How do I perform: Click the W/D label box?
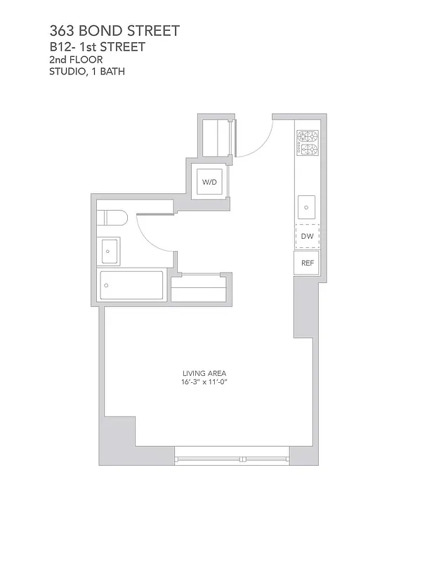pos(209,182)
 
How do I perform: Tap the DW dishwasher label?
pos(307,237)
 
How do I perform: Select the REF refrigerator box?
pos(307,263)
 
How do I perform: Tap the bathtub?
pos(131,285)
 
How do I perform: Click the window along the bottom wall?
pos(232,459)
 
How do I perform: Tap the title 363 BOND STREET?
pos(114,31)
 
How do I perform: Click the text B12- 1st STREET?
pos(98,47)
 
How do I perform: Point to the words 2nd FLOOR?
pos(76,60)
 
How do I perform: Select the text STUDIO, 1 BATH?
pos(88,71)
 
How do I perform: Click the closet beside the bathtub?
pos(199,290)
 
